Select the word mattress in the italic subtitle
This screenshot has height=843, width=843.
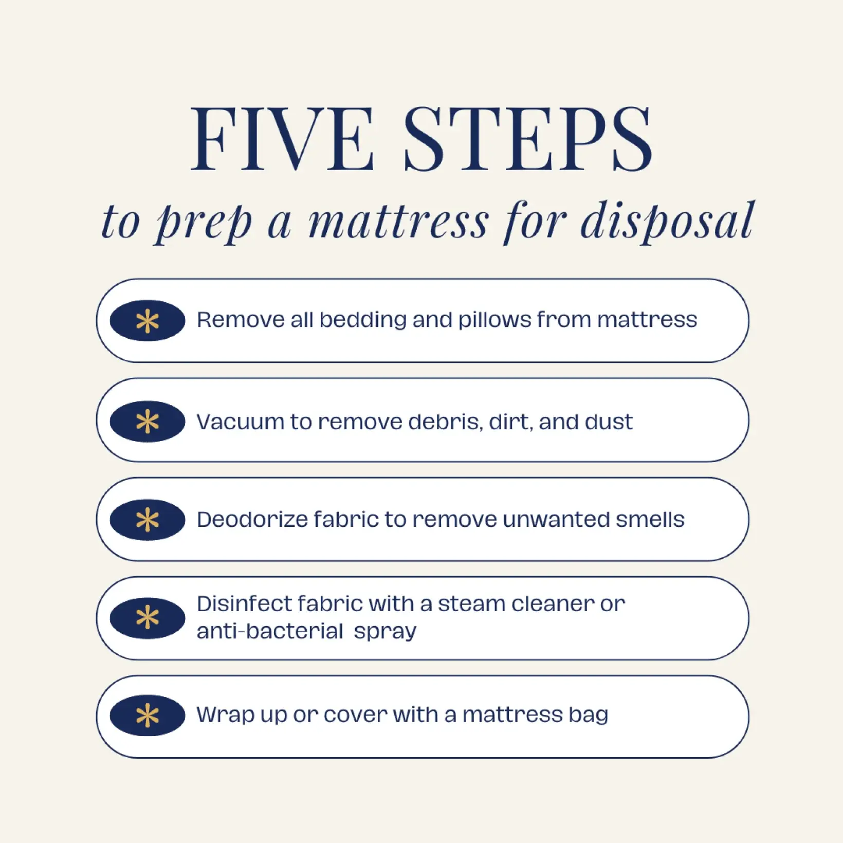click(x=398, y=222)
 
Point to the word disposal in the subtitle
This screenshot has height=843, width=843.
click(x=667, y=222)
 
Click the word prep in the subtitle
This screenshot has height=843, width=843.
click(x=204, y=224)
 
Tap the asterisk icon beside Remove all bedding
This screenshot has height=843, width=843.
click(x=148, y=321)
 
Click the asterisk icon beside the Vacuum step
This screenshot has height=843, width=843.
click(x=148, y=421)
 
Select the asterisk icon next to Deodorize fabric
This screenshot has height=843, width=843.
click(x=148, y=520)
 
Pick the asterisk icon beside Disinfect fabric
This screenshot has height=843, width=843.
click(x=148, y=618)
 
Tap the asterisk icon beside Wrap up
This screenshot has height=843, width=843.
click(x=148, y=716)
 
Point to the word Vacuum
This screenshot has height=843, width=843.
click(x=240, y=422)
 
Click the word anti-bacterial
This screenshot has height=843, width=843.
click(x=269, y=631)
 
